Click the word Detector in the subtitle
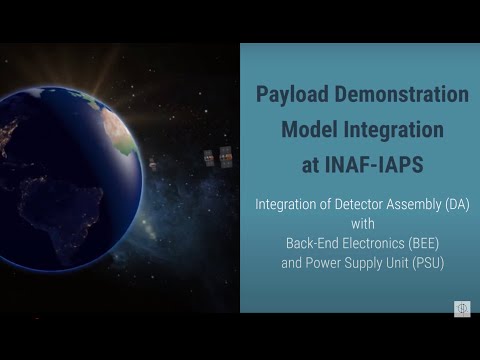point(349,205)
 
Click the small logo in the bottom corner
point(462,308)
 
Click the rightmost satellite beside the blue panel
point(225,157)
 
